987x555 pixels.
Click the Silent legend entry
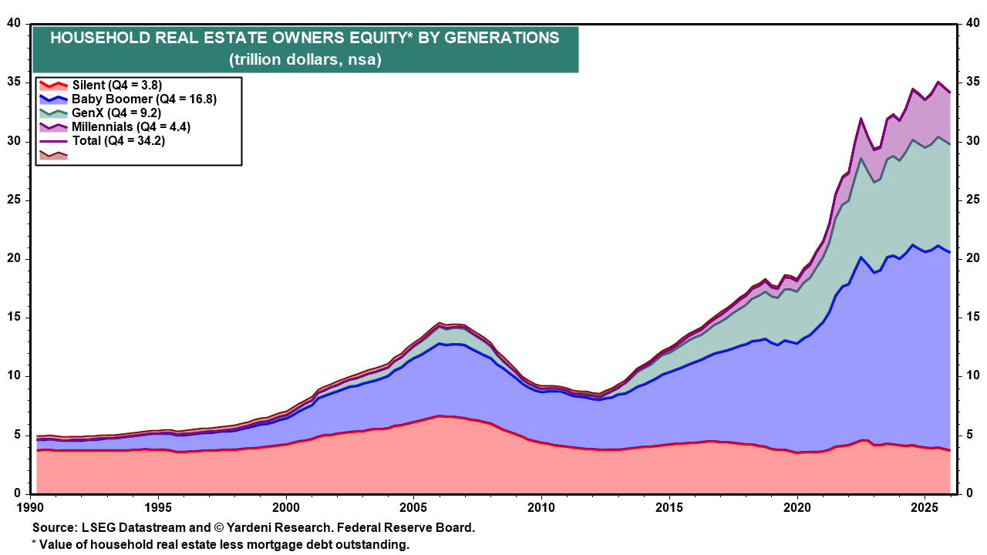pyautogui.click(x=116, y=85)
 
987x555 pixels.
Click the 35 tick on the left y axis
pyautogui.click(x=12, y=82)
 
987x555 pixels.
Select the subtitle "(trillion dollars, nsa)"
pyautogui.click(x=305, y=59)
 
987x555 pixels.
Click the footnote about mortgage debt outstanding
pyautogui.click(x=220, y=544)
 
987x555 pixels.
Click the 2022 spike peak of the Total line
pyautogui.click(x=861, y=119)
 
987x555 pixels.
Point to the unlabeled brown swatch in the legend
pyautogui.click(x=53, y=154)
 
